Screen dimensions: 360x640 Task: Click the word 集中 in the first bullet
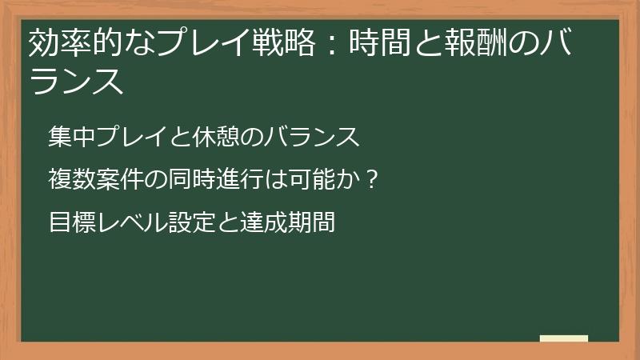70,138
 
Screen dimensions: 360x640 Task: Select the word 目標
70,222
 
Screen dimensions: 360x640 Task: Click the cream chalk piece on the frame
564,338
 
